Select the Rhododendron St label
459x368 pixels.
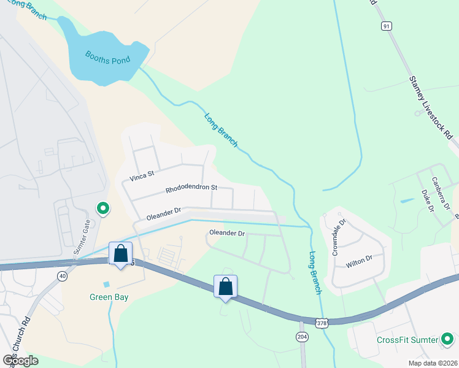[x=191, y=189]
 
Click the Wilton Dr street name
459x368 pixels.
[x=359, y=262]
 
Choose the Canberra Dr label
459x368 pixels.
[x=441, y=192]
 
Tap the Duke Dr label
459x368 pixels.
[x=427, y=200]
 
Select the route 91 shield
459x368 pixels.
[x=386, y=26]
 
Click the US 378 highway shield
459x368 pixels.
[x=323, y=322]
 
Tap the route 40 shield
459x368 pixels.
[x=63, y=276]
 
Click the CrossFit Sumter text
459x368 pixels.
[x=407, y=340]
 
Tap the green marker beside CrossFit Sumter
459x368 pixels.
[x=447, y=339]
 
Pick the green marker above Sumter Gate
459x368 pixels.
[x=103, y=209]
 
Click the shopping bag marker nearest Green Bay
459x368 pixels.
[x=121, y=253]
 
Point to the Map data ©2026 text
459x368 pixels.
[x=433, y=363]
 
